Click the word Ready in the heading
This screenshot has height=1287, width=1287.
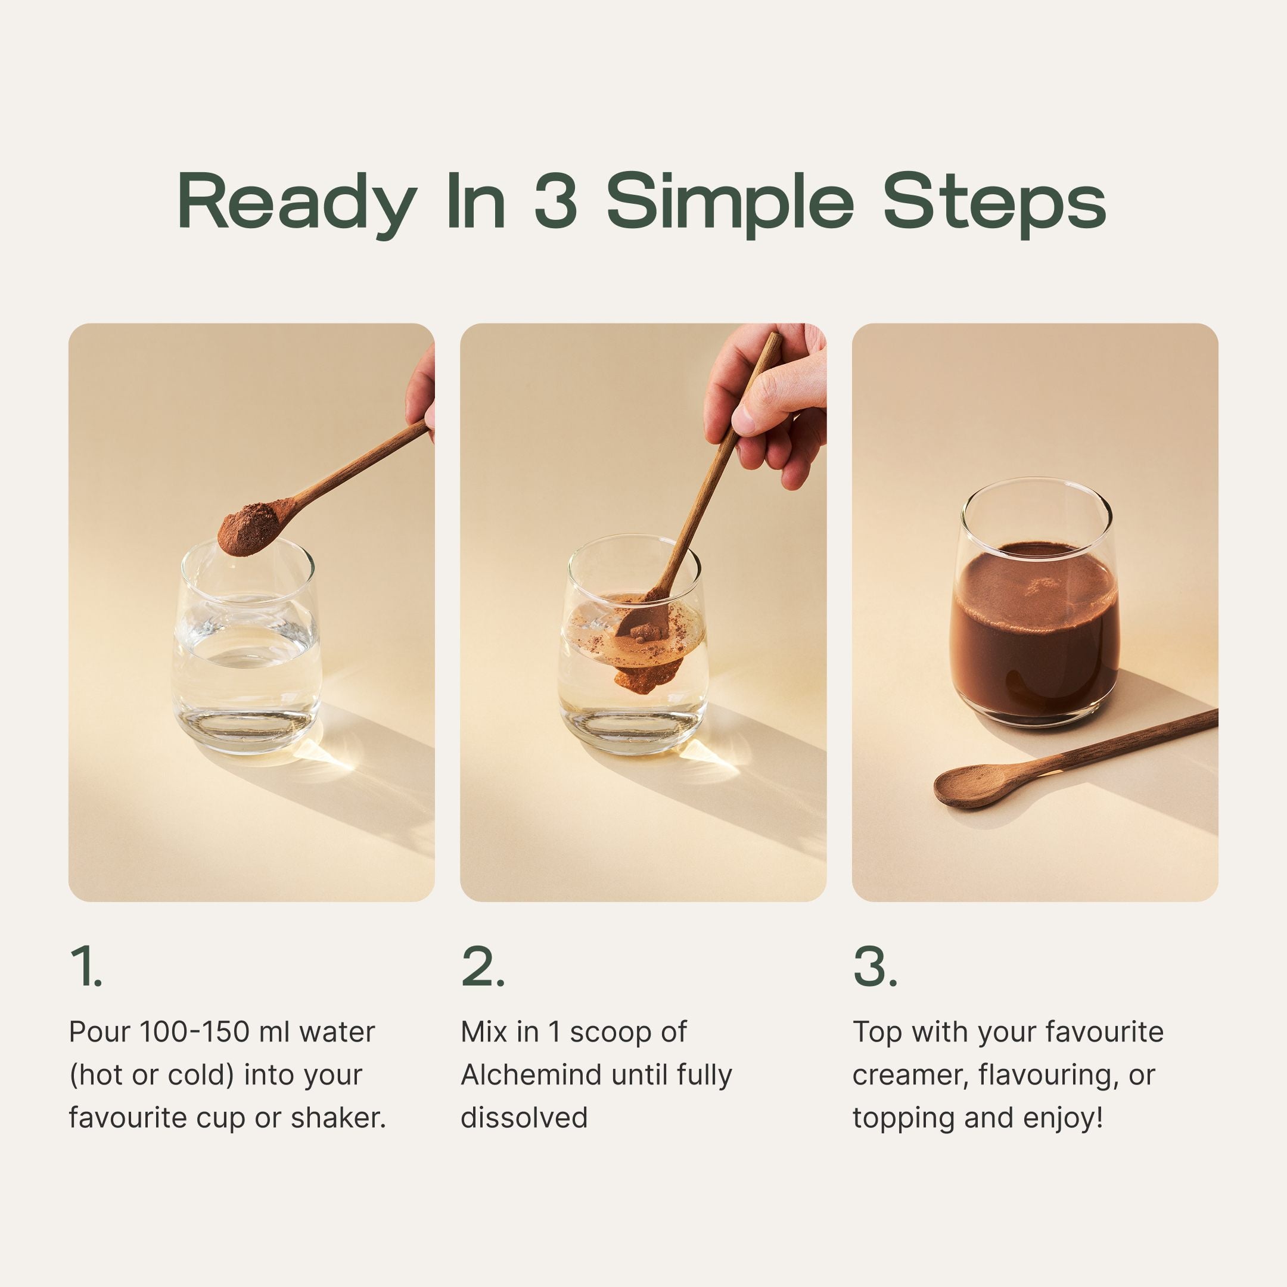297,202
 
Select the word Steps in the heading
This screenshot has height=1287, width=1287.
994,202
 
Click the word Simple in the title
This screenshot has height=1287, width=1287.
729,202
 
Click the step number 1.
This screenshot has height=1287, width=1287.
85,966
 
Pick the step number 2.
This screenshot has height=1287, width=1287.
481,966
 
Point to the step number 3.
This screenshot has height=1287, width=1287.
874,966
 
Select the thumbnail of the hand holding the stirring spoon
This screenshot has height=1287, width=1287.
766,406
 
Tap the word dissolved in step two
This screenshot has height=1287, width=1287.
524,1118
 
